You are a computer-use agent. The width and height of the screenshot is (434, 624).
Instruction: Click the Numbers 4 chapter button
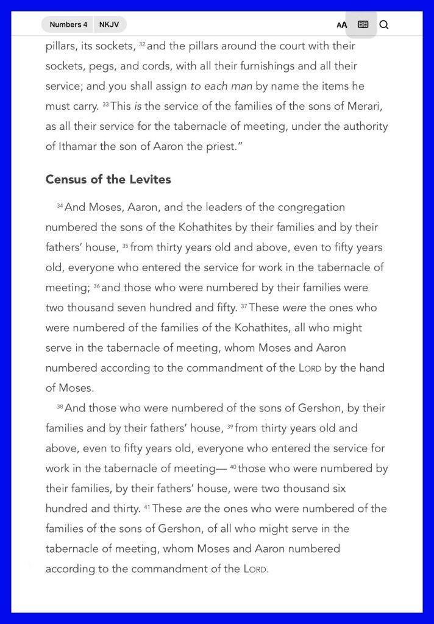[x=68, y=24]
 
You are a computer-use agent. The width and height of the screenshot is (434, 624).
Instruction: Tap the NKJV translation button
[x=109, y=24]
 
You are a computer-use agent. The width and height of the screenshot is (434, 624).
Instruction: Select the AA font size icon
[x=341, y=25]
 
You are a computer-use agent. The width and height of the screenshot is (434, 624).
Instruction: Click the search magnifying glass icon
[x=384, y=24]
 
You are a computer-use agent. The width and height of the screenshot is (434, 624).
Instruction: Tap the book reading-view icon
[x=363, y=24]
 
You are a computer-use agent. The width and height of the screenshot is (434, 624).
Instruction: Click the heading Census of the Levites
[x=108, y=180]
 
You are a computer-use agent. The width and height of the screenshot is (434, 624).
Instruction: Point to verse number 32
[x=142, y=44]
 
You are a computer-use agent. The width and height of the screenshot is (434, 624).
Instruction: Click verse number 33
[x=105, y=105]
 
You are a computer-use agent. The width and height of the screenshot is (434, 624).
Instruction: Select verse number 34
[x=60, y=206]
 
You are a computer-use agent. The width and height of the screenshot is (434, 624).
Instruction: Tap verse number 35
[x=125, y=246]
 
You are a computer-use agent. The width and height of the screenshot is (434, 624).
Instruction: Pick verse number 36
[x=96, y=286]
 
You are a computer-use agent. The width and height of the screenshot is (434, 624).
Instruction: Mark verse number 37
[x=244, y=307]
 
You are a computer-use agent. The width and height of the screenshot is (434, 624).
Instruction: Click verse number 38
[x=60, y=407]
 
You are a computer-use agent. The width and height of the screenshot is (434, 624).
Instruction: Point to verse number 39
[x=230, y=427]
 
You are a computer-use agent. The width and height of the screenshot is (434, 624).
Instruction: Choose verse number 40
[x=233, y=467]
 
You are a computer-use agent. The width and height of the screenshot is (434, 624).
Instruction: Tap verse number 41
[x=147, y=508]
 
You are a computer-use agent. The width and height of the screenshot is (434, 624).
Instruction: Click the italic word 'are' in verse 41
[x=193, y=509]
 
